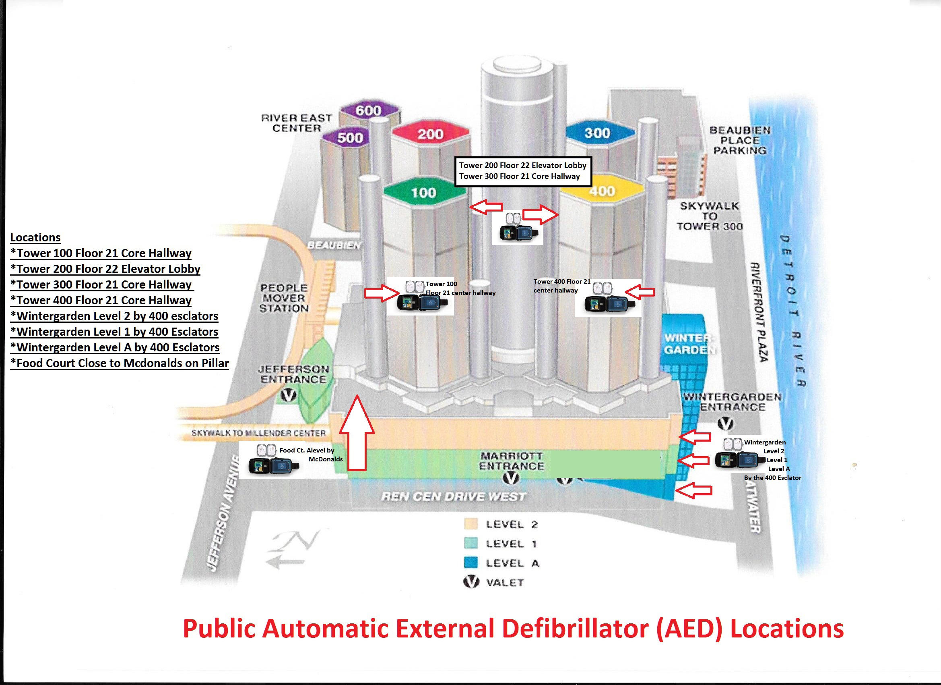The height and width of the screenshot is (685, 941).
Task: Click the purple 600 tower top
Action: pyautogui.click(x=369, y=110)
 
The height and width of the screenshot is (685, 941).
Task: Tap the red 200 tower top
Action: pyautogui.click(x=430, y=134)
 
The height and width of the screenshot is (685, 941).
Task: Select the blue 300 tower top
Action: pyautogui.click(x=599, y=133)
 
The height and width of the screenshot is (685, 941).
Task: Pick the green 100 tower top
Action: pyautogui.click(x=424, y=192)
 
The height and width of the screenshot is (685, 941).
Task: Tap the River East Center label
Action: pyautogui.click(x=296, y=123)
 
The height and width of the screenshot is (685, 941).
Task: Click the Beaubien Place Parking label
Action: pyautogui.click(x=740, y=140)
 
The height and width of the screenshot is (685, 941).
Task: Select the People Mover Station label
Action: pyautogui.click(x=284, y=298)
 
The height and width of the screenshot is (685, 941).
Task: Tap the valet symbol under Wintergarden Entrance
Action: pyautogui.click(x=725, y=423)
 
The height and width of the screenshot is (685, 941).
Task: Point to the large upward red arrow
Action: pyautogui.click(x=357, y=433)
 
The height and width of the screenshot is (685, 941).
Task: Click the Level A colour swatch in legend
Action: pyautogui.click(x=471, y=563)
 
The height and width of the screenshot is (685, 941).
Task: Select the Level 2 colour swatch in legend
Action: pyautogui.click(x=471, y=524)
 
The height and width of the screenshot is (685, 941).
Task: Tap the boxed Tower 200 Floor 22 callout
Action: pyautogui.click(x=523, y=171)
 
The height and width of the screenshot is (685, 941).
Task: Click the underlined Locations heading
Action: pyautogui.click(x=35, y=237)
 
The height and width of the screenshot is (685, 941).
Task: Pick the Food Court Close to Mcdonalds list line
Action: pyautogui.click(x=120, y=363)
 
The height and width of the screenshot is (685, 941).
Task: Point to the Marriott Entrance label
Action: pyautogui.click(x=512, y=461)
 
